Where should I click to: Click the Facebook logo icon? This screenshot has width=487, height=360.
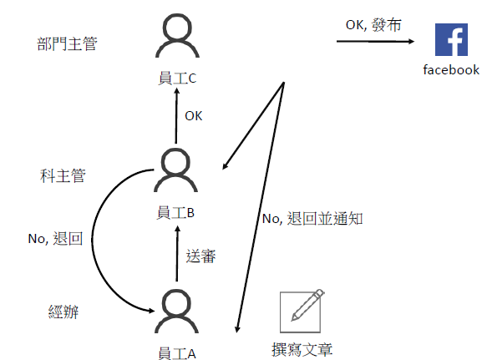pos(451,39)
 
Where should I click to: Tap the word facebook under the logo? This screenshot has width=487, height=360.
pos(451,70)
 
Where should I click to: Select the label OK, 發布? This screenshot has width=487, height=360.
pos(373,25)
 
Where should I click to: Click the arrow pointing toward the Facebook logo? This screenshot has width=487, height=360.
pos(375,41)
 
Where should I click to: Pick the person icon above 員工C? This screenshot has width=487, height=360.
pos(177,35)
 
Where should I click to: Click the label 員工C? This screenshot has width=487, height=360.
pos(177,78)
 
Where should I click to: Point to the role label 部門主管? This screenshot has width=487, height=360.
pos(67,43)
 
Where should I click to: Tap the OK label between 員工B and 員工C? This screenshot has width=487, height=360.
pos(194,116)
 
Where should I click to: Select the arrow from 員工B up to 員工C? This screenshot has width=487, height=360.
pos(176,115)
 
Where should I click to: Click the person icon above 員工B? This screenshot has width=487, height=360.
pos(175,170)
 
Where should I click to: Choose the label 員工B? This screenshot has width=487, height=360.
pos(175,213)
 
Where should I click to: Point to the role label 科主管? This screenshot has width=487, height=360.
pos(63,175)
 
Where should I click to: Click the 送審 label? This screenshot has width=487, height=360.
pos(200,256)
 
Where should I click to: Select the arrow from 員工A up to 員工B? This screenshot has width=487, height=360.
pos(177,253)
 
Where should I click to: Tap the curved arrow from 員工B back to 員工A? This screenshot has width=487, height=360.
pos(92,239)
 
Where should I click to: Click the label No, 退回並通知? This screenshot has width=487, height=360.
pos(312,219)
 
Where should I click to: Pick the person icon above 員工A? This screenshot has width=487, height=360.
pos(177,311)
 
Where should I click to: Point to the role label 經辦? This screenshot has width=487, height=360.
pos(63,312)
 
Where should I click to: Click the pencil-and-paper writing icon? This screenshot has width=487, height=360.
pos(302,311)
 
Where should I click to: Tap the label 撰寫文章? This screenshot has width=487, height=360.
pos(302,349)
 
